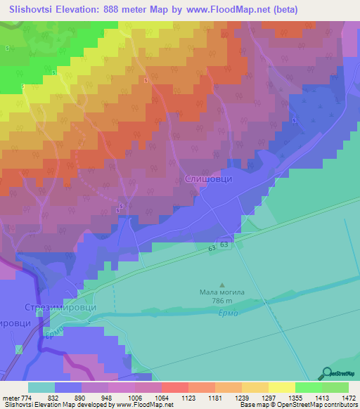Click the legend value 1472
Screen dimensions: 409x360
click(340, 397)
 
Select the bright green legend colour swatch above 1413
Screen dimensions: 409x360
click(308, 387)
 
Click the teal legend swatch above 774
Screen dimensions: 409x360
click(41, 387)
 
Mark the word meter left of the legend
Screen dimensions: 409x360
click(12, 397)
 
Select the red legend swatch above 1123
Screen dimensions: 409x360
click(175, 387)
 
